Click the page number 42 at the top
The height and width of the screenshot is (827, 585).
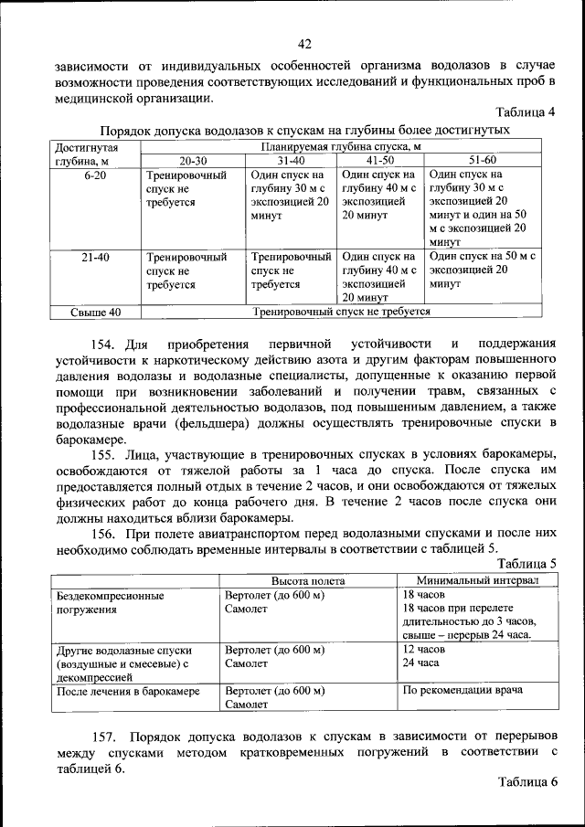[x=305, y=44]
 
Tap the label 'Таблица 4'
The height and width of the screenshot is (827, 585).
[x=526, y=113]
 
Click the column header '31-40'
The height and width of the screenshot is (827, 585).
[x=292, y=160]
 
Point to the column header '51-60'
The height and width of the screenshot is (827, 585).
[x=482, y=160]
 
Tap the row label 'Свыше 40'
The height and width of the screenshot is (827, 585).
[x=95, y=312]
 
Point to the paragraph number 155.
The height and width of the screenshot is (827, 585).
[x=108, y=454]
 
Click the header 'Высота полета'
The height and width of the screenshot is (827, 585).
[x=307, y=580]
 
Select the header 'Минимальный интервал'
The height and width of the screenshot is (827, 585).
[x=477, y=580]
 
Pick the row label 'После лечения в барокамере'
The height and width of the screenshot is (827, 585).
[x=128, y=691]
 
